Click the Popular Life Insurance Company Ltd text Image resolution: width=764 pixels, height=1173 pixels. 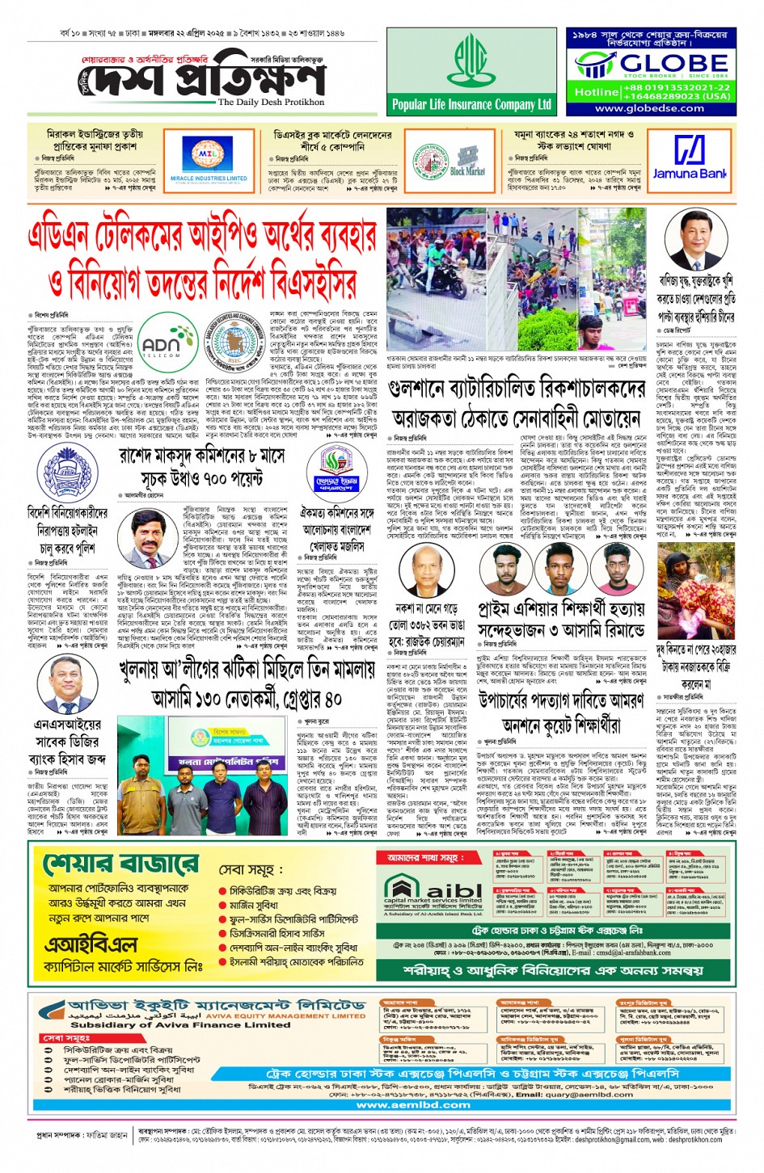[x=471, y=104]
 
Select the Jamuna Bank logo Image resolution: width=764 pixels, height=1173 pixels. [x=690, y=158]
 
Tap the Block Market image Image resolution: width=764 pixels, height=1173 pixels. [x=467, y=158]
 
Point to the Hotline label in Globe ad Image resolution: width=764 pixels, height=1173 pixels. [x=597, y=92]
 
